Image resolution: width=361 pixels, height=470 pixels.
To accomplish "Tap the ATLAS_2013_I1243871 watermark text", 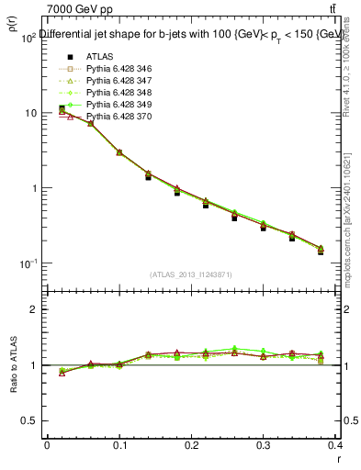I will click(190, 275).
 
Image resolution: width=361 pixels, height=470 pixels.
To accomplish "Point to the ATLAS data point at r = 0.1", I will click(119, 152).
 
